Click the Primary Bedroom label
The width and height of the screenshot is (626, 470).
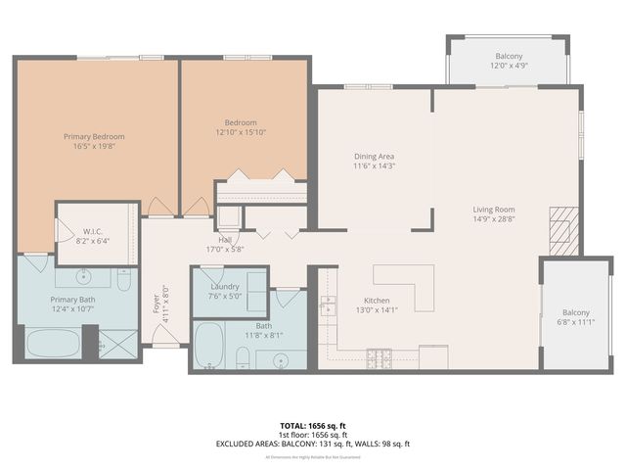[x=94, y=136]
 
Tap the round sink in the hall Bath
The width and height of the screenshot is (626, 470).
[x=281, y=358]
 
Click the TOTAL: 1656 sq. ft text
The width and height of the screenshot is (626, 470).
[x=313, y=426]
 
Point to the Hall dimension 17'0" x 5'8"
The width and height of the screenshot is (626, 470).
[x=225, y=249]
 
